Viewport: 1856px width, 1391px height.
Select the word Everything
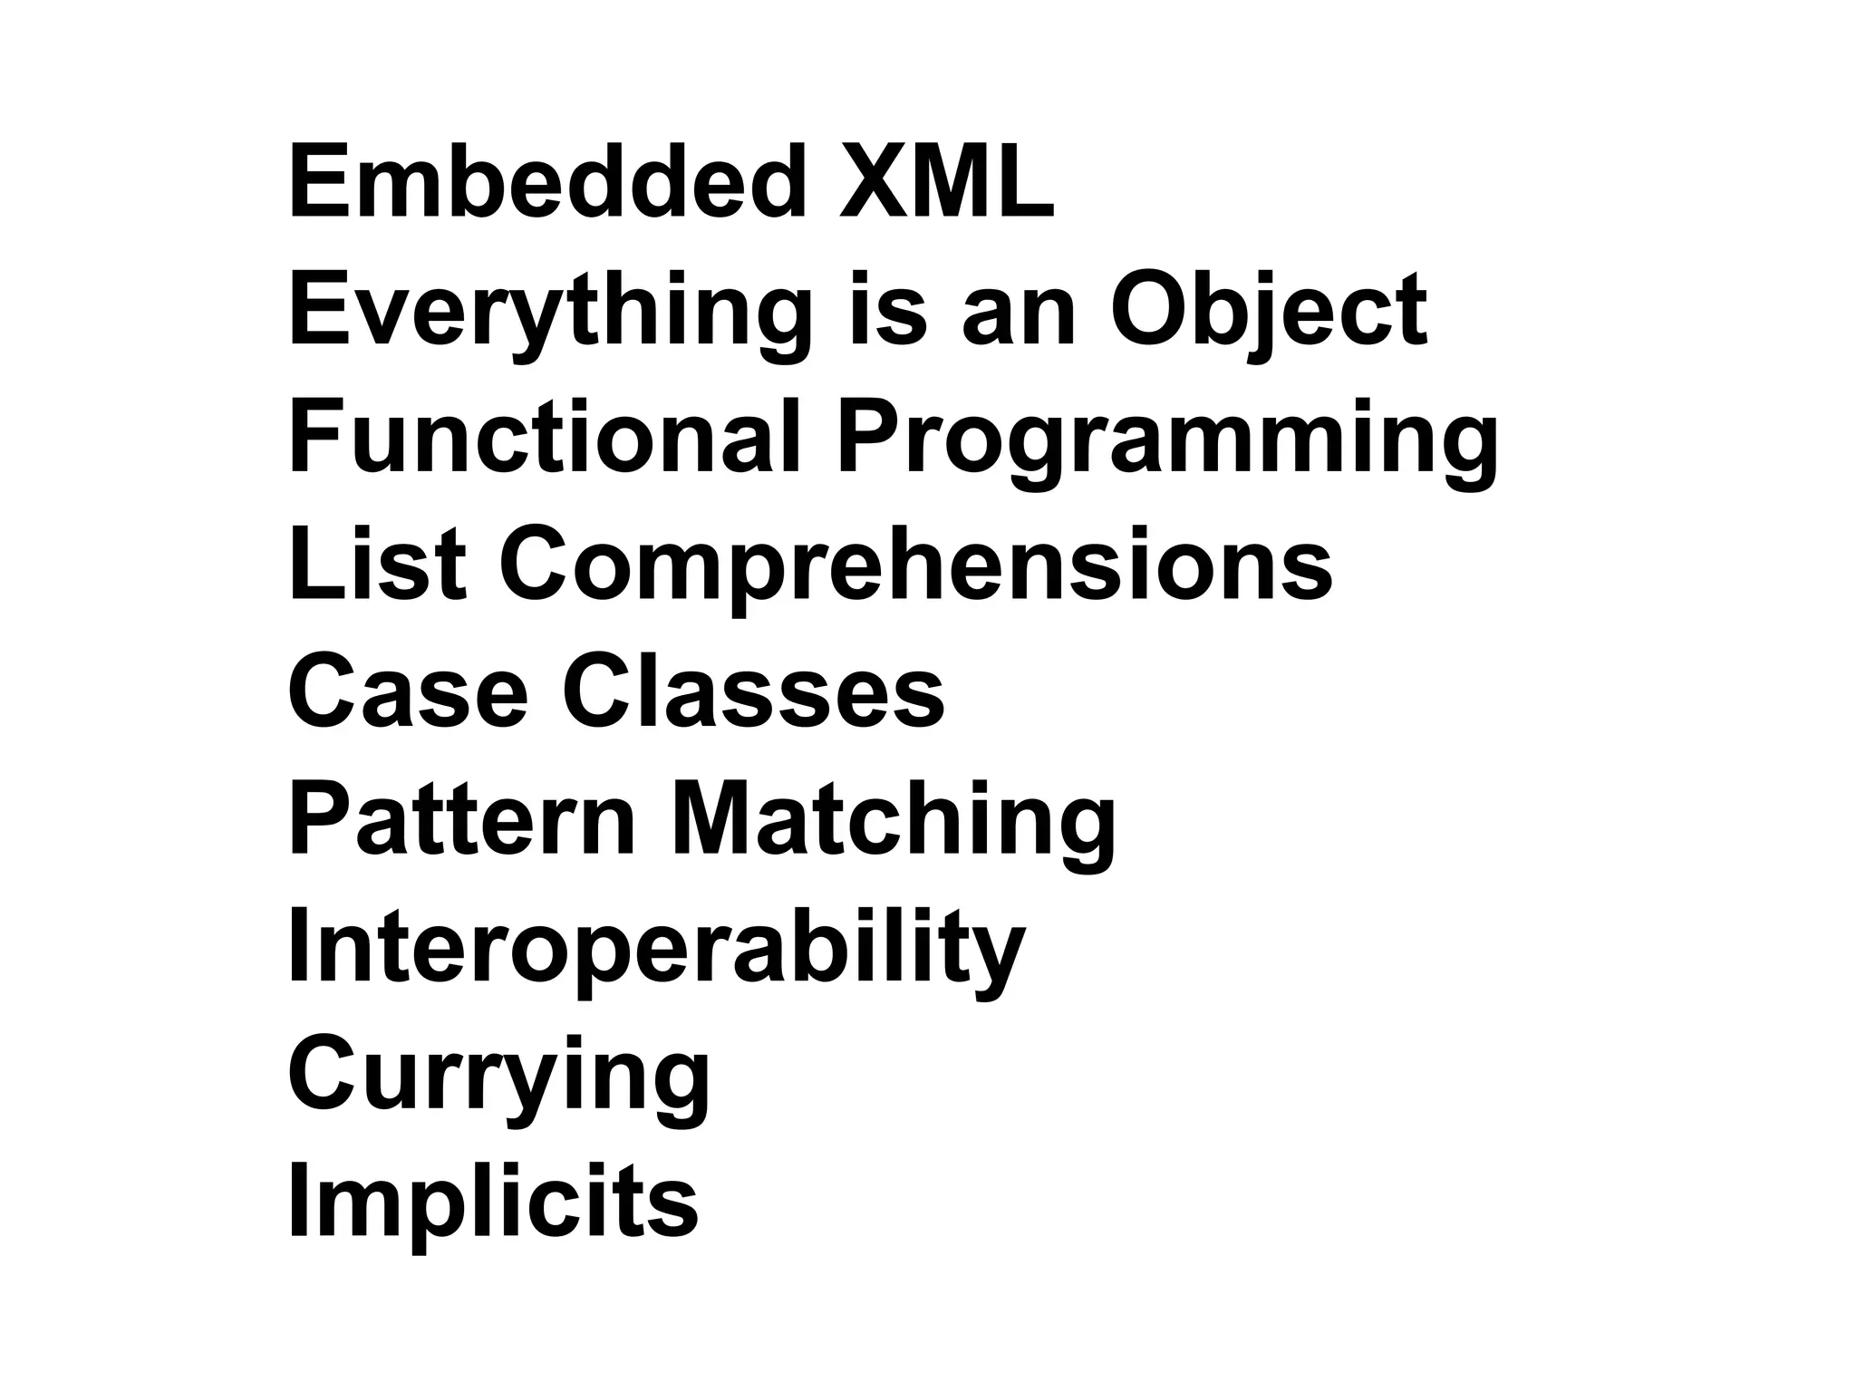coord(549,313)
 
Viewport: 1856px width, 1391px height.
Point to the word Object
coord(1269,313)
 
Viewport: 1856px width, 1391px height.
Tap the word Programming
coord(1166,442)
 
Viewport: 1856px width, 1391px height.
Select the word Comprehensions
coord(915,569)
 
